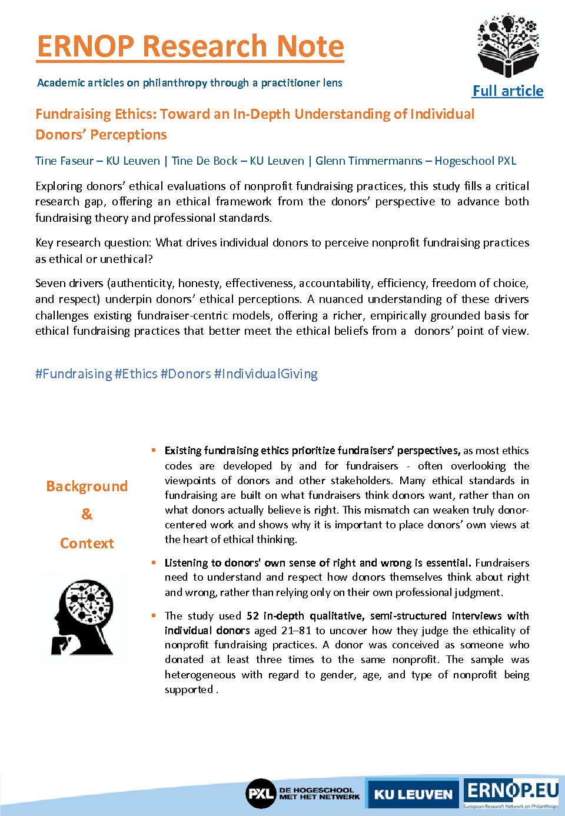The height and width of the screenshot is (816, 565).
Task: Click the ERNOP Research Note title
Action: click(x=190, y=46)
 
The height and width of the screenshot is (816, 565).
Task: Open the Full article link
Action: click(x=508, y=91)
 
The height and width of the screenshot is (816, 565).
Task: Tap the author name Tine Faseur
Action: click(x=64, y=161)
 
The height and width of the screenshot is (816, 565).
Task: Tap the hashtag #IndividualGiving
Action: click(x=266, y=374)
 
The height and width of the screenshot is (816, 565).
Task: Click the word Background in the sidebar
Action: click(x=87, y=486)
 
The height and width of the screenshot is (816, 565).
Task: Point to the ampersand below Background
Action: click(x=87, y=514)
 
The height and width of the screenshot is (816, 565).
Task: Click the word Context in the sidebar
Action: click(x=87, y=543)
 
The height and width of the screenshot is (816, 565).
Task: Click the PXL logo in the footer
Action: click(x=261, y=794)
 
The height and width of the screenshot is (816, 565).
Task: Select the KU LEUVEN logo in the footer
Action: click(x=413, y=794)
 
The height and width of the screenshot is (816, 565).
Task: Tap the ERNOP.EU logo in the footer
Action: click(x=511, y=791)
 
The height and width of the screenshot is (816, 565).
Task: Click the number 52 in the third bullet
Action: click(x=252, y=616)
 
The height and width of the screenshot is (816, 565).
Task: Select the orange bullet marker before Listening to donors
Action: click(x=154, y=562)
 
